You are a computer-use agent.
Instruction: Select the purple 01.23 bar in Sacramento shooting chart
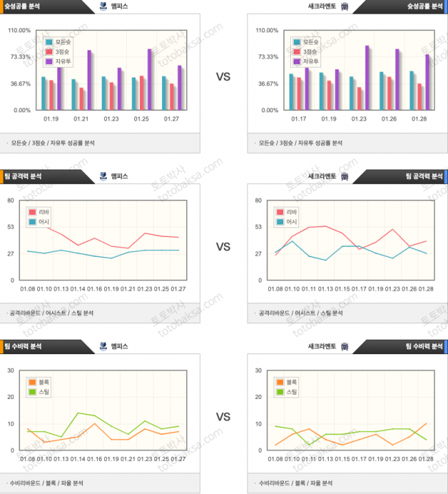[x=367, y=78]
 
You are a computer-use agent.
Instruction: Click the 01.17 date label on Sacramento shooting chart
[x=300, y=119]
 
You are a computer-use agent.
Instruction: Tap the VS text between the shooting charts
[x=223, y=76]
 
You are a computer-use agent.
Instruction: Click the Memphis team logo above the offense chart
[x=103, y=176]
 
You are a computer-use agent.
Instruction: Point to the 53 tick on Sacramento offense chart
[x=257, y=227]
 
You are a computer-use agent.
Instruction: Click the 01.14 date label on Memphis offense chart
[x=77, y=289]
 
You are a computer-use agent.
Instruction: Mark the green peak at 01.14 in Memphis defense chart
[x=78, y=413]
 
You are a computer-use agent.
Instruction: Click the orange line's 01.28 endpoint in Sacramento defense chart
[x=427, y=423]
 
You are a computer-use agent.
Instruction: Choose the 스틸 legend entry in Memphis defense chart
[x=39, y=392]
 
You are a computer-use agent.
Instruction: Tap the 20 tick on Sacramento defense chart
[x=257, y=397]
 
